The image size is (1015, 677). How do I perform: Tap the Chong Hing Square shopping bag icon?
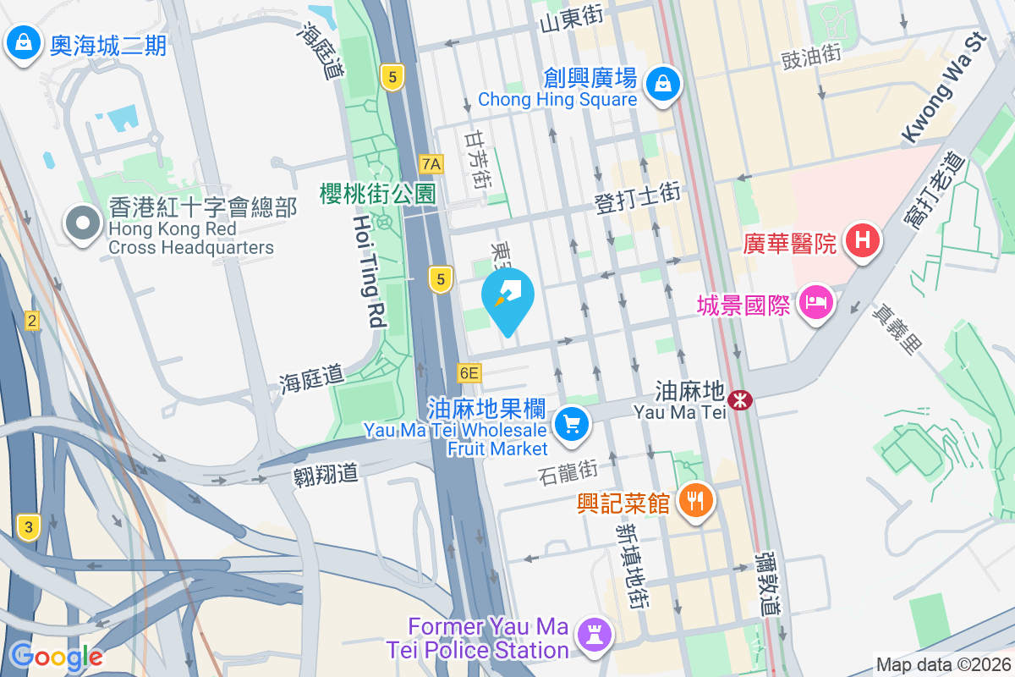point(664,85)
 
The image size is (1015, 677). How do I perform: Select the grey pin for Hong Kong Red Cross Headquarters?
point(83,225)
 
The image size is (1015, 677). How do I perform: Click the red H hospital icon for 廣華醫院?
point(861,241)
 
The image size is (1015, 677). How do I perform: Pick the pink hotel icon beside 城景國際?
point(815,303)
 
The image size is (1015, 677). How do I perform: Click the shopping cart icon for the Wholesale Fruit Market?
point(572,422)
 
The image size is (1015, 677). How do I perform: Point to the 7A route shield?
point(431,164)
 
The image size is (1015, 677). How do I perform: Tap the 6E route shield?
point(469,372)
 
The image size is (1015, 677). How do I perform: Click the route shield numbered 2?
point(32,320)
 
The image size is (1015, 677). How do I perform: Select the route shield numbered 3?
point(29,528)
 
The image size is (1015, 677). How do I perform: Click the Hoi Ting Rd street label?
point(370,271)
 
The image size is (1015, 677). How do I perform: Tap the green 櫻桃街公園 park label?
point(377,194)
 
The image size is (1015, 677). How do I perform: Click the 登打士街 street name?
point(638,196)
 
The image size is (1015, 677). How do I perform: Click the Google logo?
point(56,656)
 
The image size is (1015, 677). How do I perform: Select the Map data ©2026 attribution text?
point(943,664)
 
